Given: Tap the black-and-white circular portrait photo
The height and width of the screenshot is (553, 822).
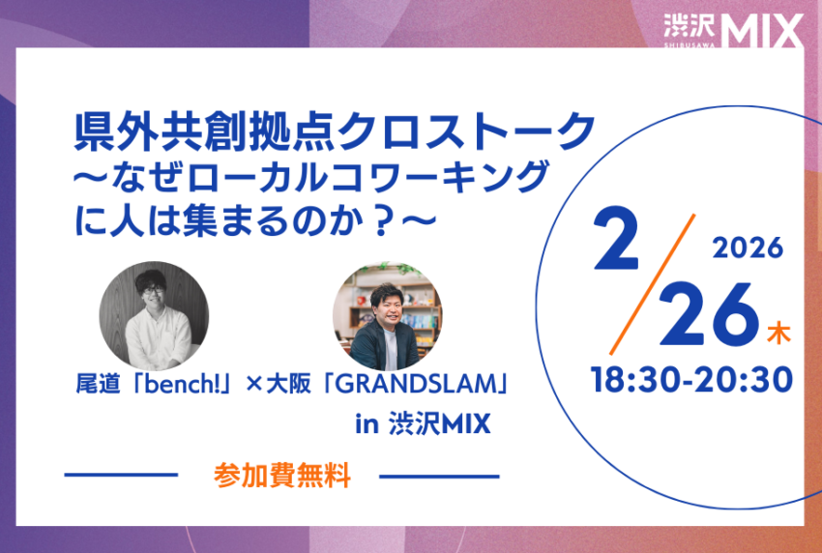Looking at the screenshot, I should [x=154, y=315].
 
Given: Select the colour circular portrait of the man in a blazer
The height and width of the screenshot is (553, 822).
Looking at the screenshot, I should [x=388, y=316].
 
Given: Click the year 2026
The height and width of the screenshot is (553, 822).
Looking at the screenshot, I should [x=747, y=248].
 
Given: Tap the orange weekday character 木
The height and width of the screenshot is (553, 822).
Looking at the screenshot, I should [x=778, y=335].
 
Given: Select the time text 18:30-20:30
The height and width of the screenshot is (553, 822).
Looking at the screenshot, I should [x=691, y=378].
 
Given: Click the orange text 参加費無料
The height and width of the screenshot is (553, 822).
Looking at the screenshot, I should [x=281, y=476].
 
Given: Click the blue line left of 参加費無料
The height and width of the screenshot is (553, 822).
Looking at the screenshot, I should [x=121, y=476].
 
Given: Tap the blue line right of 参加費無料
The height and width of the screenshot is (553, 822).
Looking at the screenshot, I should [x=439, y=476].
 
